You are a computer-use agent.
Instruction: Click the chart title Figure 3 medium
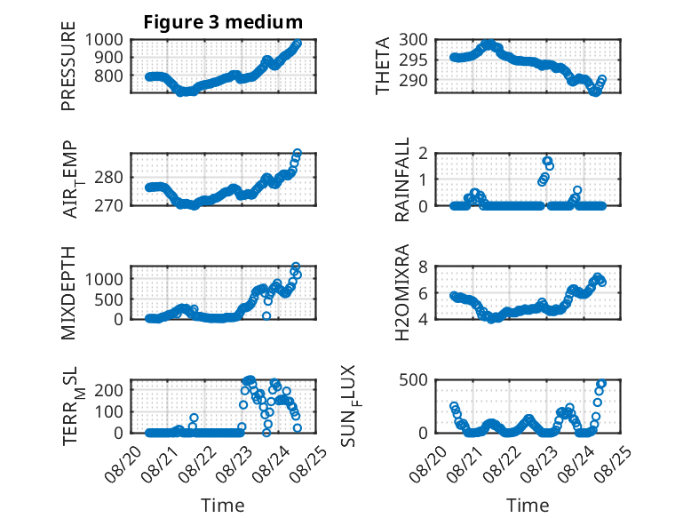[223, 22]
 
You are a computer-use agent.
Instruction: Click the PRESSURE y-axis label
[68, 66]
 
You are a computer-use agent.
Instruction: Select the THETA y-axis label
[383, 66]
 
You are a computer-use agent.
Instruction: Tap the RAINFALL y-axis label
[402, 179]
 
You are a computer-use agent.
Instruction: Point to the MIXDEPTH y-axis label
[68, 292]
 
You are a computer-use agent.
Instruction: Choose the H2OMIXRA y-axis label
[402, 292]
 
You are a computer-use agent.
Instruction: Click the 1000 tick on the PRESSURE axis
[104, 40]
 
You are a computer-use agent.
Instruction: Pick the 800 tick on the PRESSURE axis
[109, 76]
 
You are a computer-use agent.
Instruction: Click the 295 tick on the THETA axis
[413, 60]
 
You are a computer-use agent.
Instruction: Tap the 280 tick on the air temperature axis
[109, 178]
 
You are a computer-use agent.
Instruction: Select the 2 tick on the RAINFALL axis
[424, 154]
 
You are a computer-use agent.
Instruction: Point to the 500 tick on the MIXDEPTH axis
[109, 299]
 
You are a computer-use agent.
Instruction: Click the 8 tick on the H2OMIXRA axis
[424, 267]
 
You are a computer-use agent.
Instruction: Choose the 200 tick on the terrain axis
[109, 390]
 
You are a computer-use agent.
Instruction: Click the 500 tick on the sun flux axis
[413, 380]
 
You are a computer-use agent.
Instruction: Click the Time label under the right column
[528, 505]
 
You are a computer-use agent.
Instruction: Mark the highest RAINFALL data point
[547, 161]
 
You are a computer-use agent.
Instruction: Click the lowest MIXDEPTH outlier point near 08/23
[266, 315]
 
